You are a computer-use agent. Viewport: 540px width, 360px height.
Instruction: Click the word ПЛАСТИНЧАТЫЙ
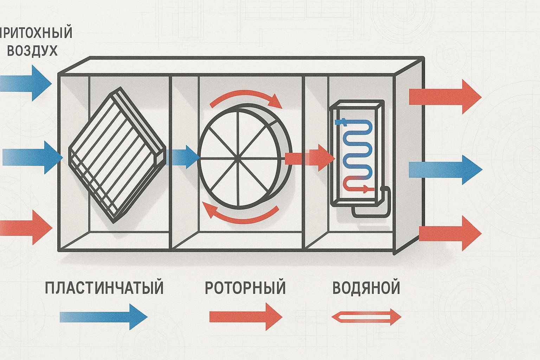pos(104,287)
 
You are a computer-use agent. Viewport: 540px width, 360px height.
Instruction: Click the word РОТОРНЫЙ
pos(245,287)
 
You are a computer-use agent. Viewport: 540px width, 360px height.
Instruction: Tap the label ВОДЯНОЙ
pos(366,287)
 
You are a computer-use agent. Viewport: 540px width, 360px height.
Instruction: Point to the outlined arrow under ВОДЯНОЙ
pos(366,317)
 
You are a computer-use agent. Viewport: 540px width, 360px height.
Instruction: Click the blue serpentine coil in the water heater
pos(357,148)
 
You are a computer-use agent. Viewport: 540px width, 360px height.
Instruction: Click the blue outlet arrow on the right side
pos(445,170)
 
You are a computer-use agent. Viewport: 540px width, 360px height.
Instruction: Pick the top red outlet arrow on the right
pos(445,96)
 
